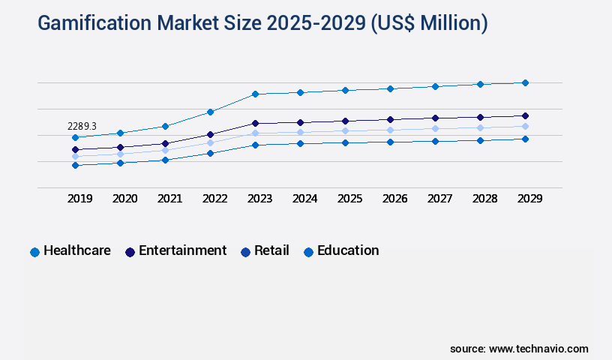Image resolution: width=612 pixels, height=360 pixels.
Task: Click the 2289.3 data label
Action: pyautogui.click(x=82, y=126)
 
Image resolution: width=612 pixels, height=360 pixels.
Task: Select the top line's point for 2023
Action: pyautogui.click(x=255, y=94)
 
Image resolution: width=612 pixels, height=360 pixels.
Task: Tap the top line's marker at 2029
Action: pyautogui.click(x=525, y=82)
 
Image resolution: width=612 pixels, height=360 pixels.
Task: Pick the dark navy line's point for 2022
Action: pyautogui.click(x=210, y=134)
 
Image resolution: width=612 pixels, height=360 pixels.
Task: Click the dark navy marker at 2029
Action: pyautogui.click(x=525, y=115)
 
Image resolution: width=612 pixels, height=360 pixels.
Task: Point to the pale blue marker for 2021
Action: pyautogui.click(x=165, y=150)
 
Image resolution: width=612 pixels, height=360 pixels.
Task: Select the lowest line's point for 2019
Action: pyautogui.click(x=75, y=165)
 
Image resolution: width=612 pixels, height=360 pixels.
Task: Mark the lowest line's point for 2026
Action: pyautogui.click(x=390, y=142)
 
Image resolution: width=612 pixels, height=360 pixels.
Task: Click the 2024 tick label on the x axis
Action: pyautogui.click(x=304, y=199)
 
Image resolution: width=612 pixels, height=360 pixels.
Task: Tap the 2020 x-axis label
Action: pyautogui.click(x=124, y=199)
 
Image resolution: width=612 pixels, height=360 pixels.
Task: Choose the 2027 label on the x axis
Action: pyautogui.click(x=439, y=199)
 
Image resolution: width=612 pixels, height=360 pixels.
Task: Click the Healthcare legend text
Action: pyautogui.click(x=77, y=250)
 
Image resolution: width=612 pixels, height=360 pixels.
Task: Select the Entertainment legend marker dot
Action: pyautogui.click(x=130, y=252)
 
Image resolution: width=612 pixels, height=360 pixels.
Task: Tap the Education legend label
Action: pyautogui.click(x=348, y=250)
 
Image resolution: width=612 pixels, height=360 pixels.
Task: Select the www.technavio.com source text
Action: pyautogui.click(x=538, y=349)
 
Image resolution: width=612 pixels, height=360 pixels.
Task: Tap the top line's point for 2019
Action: pyautogui.click(x=75, y=137)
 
